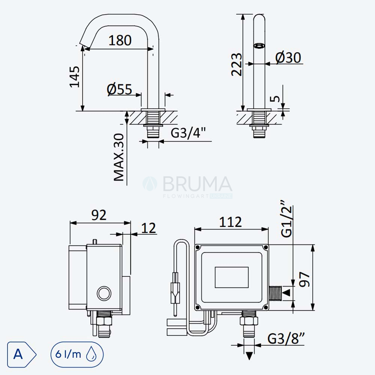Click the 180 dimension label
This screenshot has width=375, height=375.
pos(120,40)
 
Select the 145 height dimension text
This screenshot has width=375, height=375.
pos(74,77)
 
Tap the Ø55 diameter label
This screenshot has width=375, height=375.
pos(119,89)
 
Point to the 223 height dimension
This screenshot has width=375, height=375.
pos(237,64)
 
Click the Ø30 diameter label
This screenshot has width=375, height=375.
pos(288,57)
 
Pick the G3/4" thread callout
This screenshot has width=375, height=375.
pos(189,133)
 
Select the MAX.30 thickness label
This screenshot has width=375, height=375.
pos(119,157)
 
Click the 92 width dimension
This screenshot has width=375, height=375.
pos(99,215)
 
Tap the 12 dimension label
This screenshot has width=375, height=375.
pos(148,228)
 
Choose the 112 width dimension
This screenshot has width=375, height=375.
pos(231,222)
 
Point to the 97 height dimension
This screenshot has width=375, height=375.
pos(304,279)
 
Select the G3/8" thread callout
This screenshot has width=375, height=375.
pos(286,338)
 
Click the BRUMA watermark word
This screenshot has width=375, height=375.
pos(198,184)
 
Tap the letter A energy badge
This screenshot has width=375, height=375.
pos(22,354)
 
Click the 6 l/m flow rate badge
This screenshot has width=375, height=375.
pos(77,354)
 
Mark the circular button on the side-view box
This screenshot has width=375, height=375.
pos(104,293)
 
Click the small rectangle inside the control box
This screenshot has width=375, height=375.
pos(231,277)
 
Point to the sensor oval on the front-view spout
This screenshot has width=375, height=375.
pos(259,45)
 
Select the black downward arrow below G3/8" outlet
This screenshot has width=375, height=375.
pos(249,355)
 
